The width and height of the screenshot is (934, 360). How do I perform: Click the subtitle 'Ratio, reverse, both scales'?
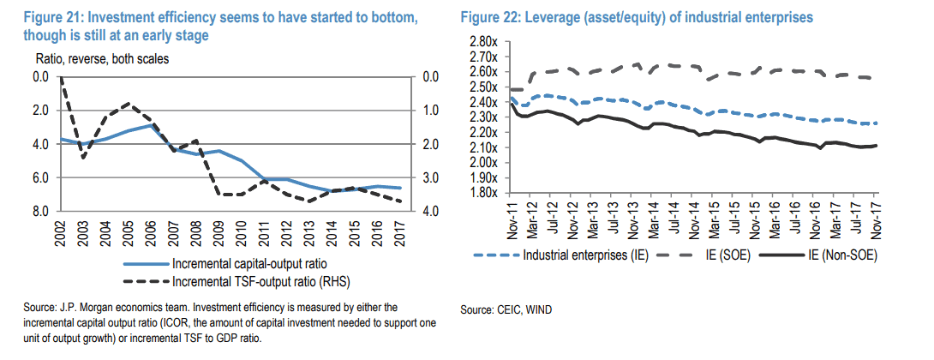click(x=102, y=59)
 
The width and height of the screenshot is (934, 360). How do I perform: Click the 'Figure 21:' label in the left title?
click(x=33, y=18)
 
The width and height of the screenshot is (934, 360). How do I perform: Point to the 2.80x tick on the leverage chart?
click(x=485, y=41)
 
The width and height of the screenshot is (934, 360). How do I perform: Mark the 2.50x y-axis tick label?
click(x=485, y=87)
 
